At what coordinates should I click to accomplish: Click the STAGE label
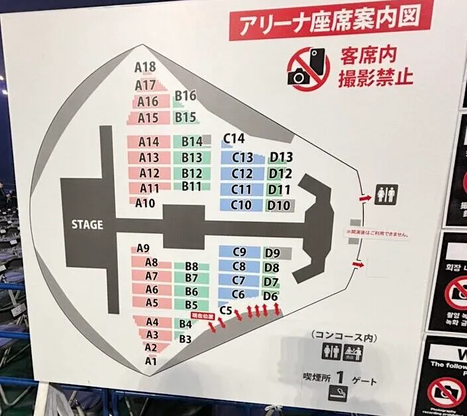(x=87, y=225)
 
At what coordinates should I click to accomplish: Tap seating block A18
(x=144, y=67)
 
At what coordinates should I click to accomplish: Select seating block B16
(x=185, y=96)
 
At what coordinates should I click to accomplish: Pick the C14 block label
(x=234, y=138)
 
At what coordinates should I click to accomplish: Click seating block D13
(x=281, y=157)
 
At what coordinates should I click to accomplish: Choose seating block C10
(x=242, y=205)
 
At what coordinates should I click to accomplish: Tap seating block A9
(x=144, y=248)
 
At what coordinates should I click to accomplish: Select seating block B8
(x=191, y=266)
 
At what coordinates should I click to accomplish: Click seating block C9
(x=239, y=252)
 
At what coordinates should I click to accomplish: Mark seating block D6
(x=270, y=296)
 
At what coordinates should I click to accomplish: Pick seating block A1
(x=152, y=361)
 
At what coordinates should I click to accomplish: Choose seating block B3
(x=185, y=339)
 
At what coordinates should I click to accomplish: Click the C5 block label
(x=225, y=310)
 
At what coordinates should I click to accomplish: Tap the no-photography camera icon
(x=307, y=66)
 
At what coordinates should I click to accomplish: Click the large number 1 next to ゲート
(x=340, y=379)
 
